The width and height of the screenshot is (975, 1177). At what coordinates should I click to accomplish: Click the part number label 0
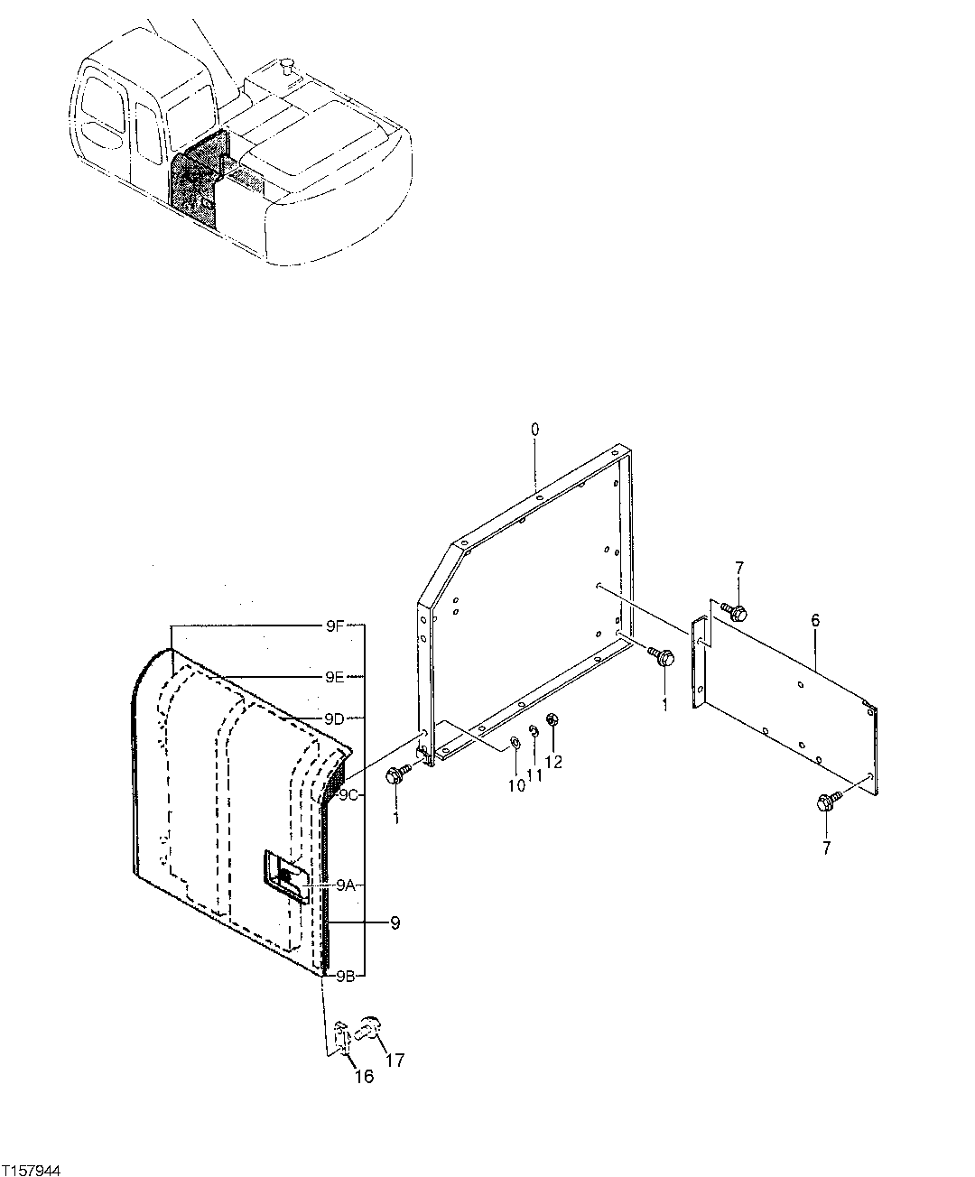534,429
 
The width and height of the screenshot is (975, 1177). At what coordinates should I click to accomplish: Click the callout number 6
815,620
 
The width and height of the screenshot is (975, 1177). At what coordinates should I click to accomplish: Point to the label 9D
334,718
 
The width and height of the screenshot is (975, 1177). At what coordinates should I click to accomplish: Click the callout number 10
515,785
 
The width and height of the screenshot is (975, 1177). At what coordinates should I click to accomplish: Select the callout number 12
553,761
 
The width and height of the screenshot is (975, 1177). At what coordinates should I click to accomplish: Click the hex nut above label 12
554,720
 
